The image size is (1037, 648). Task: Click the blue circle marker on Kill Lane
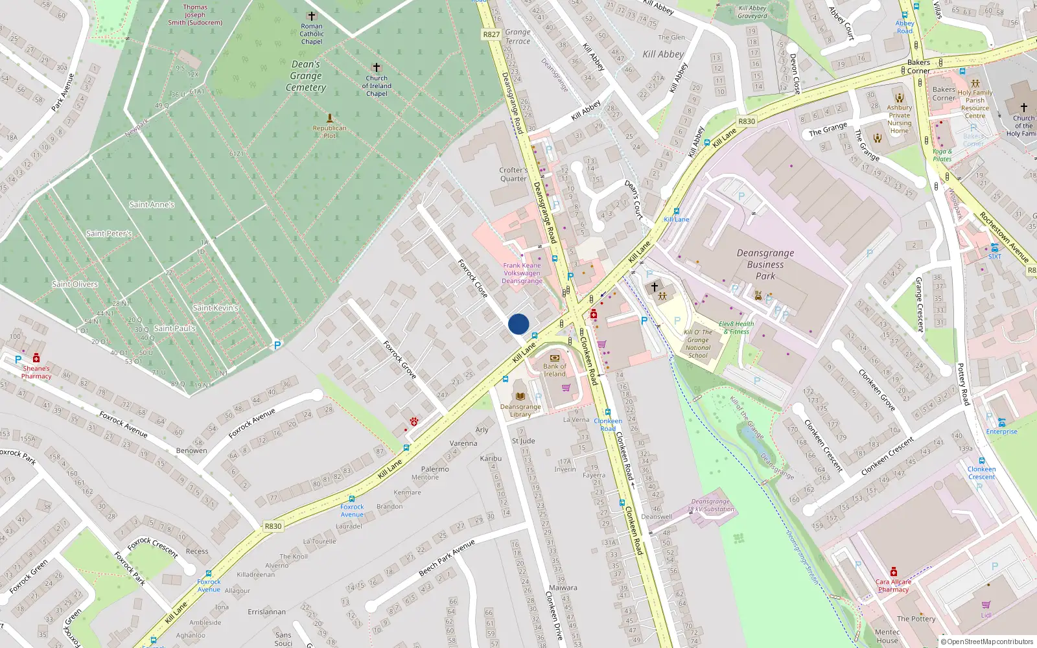[x=518, y=324]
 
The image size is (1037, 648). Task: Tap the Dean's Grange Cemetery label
[x=306, y=76]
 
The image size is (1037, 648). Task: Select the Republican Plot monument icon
[x=329, y=118]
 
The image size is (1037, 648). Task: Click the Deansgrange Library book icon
[x=520, y=396]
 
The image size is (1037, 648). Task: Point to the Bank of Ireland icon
[x=554, y=358]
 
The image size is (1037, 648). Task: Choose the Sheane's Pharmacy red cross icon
[x=36, y=358]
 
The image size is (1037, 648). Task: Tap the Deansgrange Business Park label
[x=765, y=264]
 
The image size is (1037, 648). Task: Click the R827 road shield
[x=491, y=34]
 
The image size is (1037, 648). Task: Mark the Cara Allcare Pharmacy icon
[x=893, y=572]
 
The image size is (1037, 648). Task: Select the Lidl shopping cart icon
[x=986, y=605]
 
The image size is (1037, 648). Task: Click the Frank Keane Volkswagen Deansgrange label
[x=522, y=273]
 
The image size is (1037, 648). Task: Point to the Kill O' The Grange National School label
[x=698, y=343]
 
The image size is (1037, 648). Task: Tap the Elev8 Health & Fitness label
[x=736, y=328]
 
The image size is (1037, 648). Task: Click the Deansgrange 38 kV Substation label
[x=710, y=505]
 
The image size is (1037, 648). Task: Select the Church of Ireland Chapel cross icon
[x=376, y=67]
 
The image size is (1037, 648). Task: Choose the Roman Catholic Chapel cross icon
[x=311, y=16]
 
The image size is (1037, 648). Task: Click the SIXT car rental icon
[x=994, y=248]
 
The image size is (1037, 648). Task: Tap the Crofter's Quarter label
[x=513, y=174]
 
